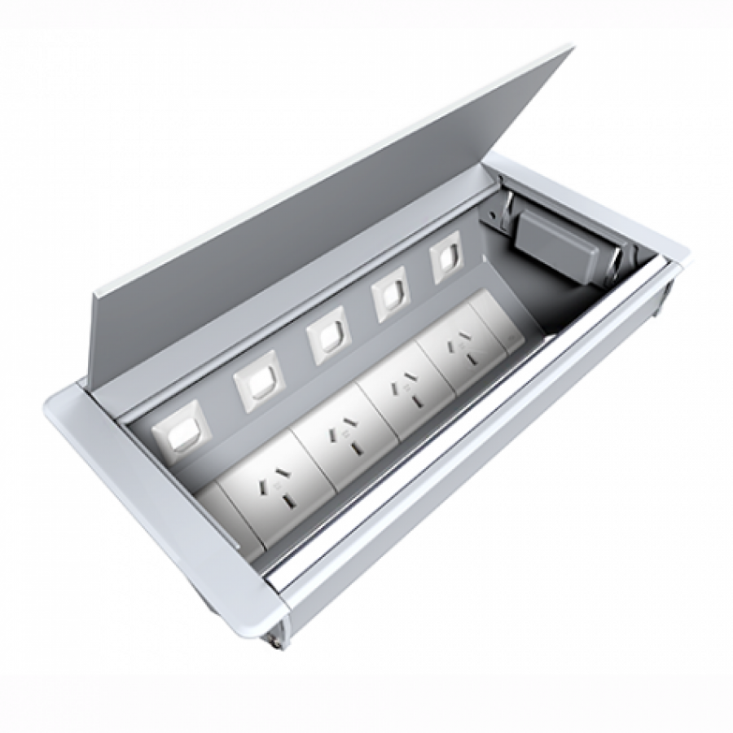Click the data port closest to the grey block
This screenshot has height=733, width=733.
[x=446, y=261]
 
